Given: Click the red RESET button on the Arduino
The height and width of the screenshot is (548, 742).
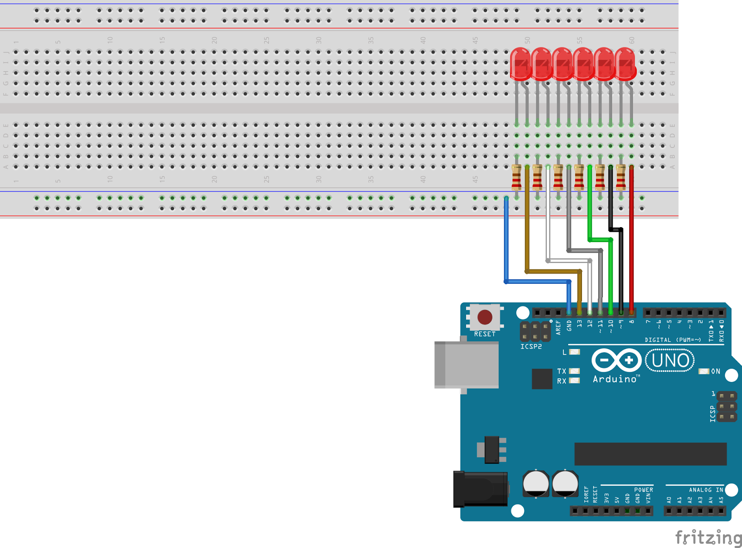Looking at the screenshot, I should click(x=485, y=318).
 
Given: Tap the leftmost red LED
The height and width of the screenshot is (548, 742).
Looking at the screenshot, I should click(x=520, y=64).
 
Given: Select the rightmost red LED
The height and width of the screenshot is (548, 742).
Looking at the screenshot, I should click(x=625, y=64).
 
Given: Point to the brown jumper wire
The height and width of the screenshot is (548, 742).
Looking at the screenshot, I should click(x=527, y=223).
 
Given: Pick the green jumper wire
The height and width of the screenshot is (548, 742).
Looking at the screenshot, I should click(x=589, y=204).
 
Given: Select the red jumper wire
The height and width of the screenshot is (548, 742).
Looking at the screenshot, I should click(x=631, y=241).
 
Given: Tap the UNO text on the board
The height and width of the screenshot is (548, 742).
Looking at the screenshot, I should click(x=670, y=360).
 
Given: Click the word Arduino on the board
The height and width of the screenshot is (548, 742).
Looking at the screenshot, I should click(x=615, y=379).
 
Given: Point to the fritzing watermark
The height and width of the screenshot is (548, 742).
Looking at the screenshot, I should click(x=708, y=537).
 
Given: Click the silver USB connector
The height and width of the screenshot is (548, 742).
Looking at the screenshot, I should click(x=466, y=364).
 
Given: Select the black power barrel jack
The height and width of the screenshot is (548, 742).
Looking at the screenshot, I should click(x=480, y=489).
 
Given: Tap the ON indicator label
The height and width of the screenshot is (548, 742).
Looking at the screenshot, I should click(x=716, y=371).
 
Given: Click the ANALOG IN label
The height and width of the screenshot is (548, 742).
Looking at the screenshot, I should click(x=706, y=490).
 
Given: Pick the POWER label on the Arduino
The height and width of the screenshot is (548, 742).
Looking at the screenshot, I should click(x=643, y=490).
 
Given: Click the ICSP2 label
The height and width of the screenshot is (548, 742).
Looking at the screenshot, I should click(x=531, y=346).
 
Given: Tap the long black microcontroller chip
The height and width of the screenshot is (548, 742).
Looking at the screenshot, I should click(x=650, y=453).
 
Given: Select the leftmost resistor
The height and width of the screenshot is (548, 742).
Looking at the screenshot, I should click(x=516, y=178).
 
